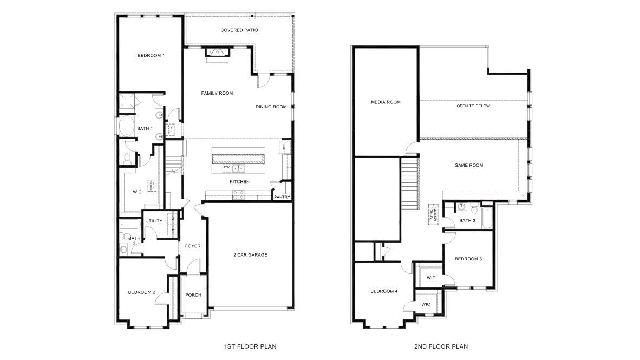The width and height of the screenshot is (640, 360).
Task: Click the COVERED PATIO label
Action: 239,30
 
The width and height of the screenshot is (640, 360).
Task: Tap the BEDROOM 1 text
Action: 151,55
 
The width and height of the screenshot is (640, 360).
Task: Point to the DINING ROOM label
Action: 271,107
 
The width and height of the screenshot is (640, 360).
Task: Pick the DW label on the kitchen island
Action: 226,168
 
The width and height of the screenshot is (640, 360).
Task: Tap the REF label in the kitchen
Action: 283,147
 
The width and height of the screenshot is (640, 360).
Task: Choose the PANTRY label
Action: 282,197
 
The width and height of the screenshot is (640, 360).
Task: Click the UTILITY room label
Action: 154,221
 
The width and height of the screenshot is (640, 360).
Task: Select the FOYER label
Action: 193,246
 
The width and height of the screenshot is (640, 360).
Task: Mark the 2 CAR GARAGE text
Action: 250,254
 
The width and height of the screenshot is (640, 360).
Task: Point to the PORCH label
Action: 193,295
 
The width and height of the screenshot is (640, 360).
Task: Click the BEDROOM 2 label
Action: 141,292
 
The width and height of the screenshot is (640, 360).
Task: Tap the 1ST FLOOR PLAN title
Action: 246,346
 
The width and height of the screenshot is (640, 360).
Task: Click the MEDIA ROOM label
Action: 386,102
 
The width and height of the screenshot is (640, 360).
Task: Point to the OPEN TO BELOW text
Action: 473,106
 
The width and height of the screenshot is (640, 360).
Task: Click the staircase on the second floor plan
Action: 410,184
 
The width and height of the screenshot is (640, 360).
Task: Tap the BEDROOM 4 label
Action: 384,291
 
